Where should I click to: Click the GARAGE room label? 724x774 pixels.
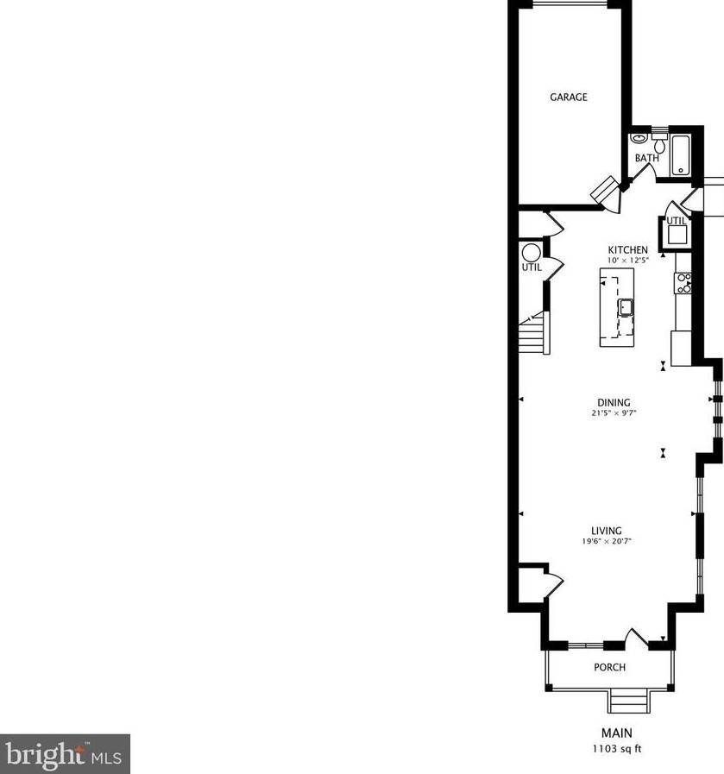pos(569,98)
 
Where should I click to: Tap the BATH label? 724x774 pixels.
pos(646,158)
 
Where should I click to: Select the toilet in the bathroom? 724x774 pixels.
pos(660,144)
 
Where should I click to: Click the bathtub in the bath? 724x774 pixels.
pos(682,155)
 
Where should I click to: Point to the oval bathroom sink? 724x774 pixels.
pos(639,138)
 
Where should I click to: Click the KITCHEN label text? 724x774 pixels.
pos(627,250)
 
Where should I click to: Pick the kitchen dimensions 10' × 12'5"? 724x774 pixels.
pos(627,260)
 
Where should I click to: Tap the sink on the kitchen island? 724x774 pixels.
pos(625,307)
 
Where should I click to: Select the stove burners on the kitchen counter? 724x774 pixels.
pos(683,283)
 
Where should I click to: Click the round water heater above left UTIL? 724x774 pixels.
pos(531,253)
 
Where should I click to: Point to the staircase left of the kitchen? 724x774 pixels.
pos(532,333)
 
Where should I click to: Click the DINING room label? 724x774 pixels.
pos(614,402)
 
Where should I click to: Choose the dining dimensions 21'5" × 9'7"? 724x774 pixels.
pos(614,412)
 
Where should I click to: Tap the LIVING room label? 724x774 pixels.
pos(607,531)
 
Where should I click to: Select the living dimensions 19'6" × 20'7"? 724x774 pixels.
pos(607,541)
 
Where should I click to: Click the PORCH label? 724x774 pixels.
pos(609,667)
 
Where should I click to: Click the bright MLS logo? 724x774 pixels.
pos(65,754)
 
